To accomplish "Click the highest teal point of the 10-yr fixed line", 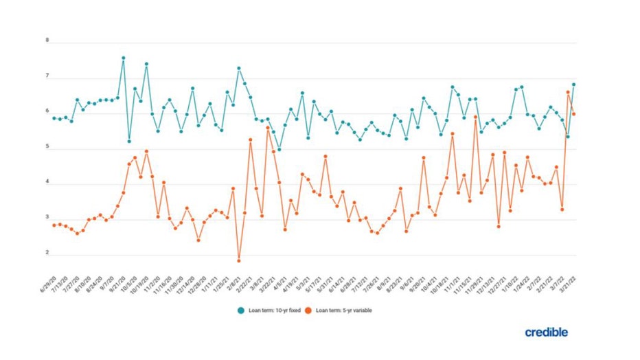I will (x=124, y=58).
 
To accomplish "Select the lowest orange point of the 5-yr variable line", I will (x=239, y=260).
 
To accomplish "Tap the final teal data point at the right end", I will (x=573, y=85).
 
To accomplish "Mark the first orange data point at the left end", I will (x=54, y=225).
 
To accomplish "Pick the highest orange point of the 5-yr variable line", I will (x=568, y=92).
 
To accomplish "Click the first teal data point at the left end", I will (x=54, y=118).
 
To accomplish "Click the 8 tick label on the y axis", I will (x=47, y=41).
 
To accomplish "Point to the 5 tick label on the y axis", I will (x=47, y=147).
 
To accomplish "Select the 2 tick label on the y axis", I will (x=47, y=254).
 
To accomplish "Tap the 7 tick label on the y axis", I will (x=47, y=76).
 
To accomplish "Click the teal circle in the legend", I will (x=242, y=311).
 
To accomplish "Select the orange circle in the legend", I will (x=310, y=311).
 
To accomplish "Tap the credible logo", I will (x=547, y=333).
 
